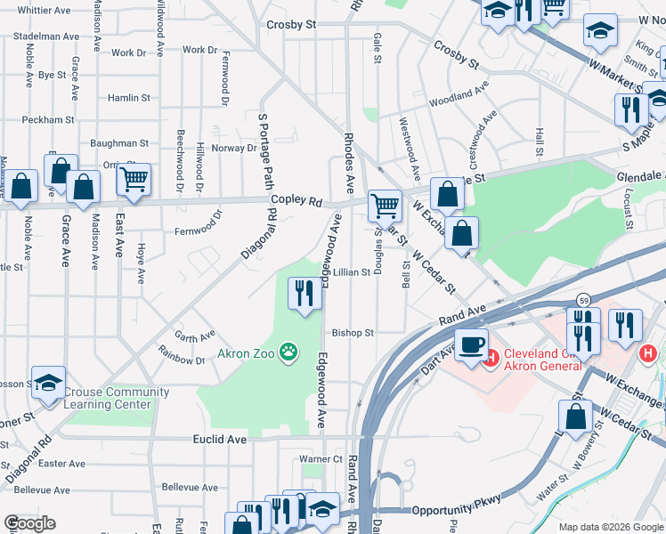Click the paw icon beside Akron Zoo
pos(288,353)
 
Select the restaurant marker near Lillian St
pos(305,293)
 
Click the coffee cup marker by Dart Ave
pos(472,343)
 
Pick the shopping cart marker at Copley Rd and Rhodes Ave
pos(385,205)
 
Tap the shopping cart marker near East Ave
pos(134,178)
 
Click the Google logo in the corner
pos(29,523)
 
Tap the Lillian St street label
pos(353,273)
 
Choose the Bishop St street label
pos(352,333)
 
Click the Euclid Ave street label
pos(220,440)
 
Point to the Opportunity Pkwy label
pos(452,511)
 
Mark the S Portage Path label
pos(264,150)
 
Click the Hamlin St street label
pos(128,98)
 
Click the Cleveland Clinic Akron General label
pos(543,360)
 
